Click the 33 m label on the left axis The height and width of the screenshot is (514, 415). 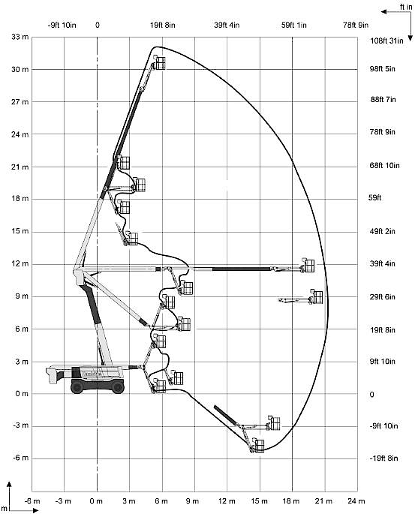click(x=20, y=37)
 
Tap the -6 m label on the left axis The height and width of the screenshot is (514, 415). click(x=21, y=458)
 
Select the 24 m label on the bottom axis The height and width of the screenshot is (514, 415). click(x=356, y=501)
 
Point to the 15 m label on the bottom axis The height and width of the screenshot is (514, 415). click(x=260, y=501)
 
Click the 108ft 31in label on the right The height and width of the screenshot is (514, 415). click(x=386, y=41)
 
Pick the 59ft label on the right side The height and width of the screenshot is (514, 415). click(x=374, y=197)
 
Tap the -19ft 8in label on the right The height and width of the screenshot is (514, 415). click(x=383, y=458)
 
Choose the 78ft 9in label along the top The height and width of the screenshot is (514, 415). click(x=356, y=25)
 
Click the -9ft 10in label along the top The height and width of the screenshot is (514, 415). click(x=62, y=25)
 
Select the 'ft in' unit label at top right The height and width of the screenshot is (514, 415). click(x=406, y=7)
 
